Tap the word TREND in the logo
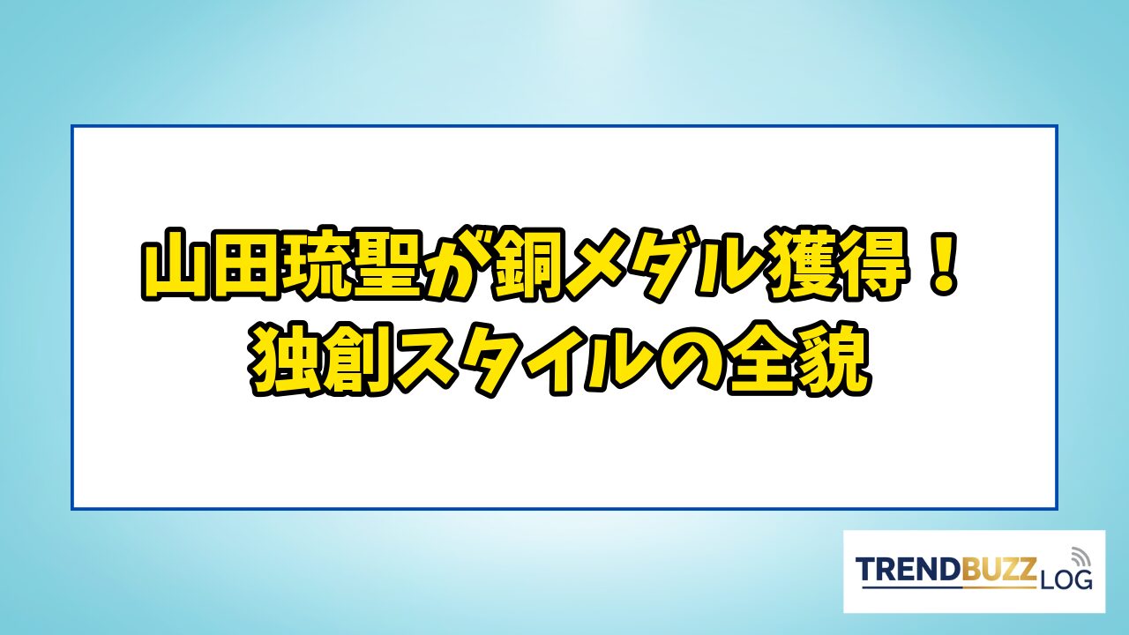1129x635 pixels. [x=908, y=570]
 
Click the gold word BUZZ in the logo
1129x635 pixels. [x=999, y=570]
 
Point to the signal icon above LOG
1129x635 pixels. [x=1080, y=557]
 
